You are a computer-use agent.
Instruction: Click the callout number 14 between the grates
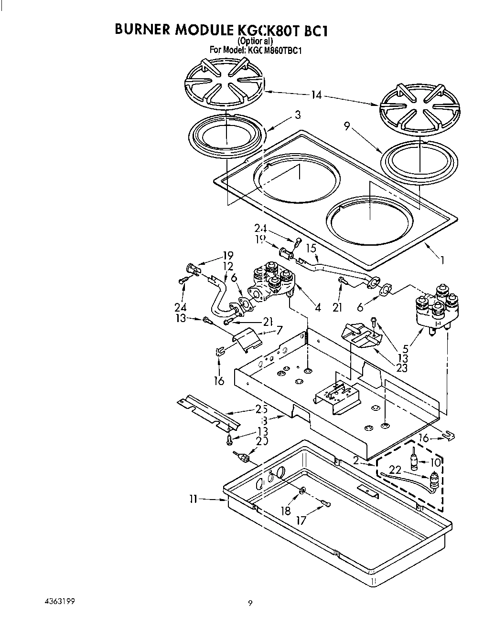pyautogui.click(x=316, y=95)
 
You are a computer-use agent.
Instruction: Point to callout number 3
pyautogui.click(x=297, y=115)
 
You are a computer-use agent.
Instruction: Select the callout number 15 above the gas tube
pyautogui.click(x=311, y=249)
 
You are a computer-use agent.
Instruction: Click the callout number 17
pyautogui.click(x=301, y=521)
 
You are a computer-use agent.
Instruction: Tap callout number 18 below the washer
pyautogui.click(x=286, y=511)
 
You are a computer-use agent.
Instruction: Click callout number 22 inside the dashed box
pyautogui.click(x=395, y=470)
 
